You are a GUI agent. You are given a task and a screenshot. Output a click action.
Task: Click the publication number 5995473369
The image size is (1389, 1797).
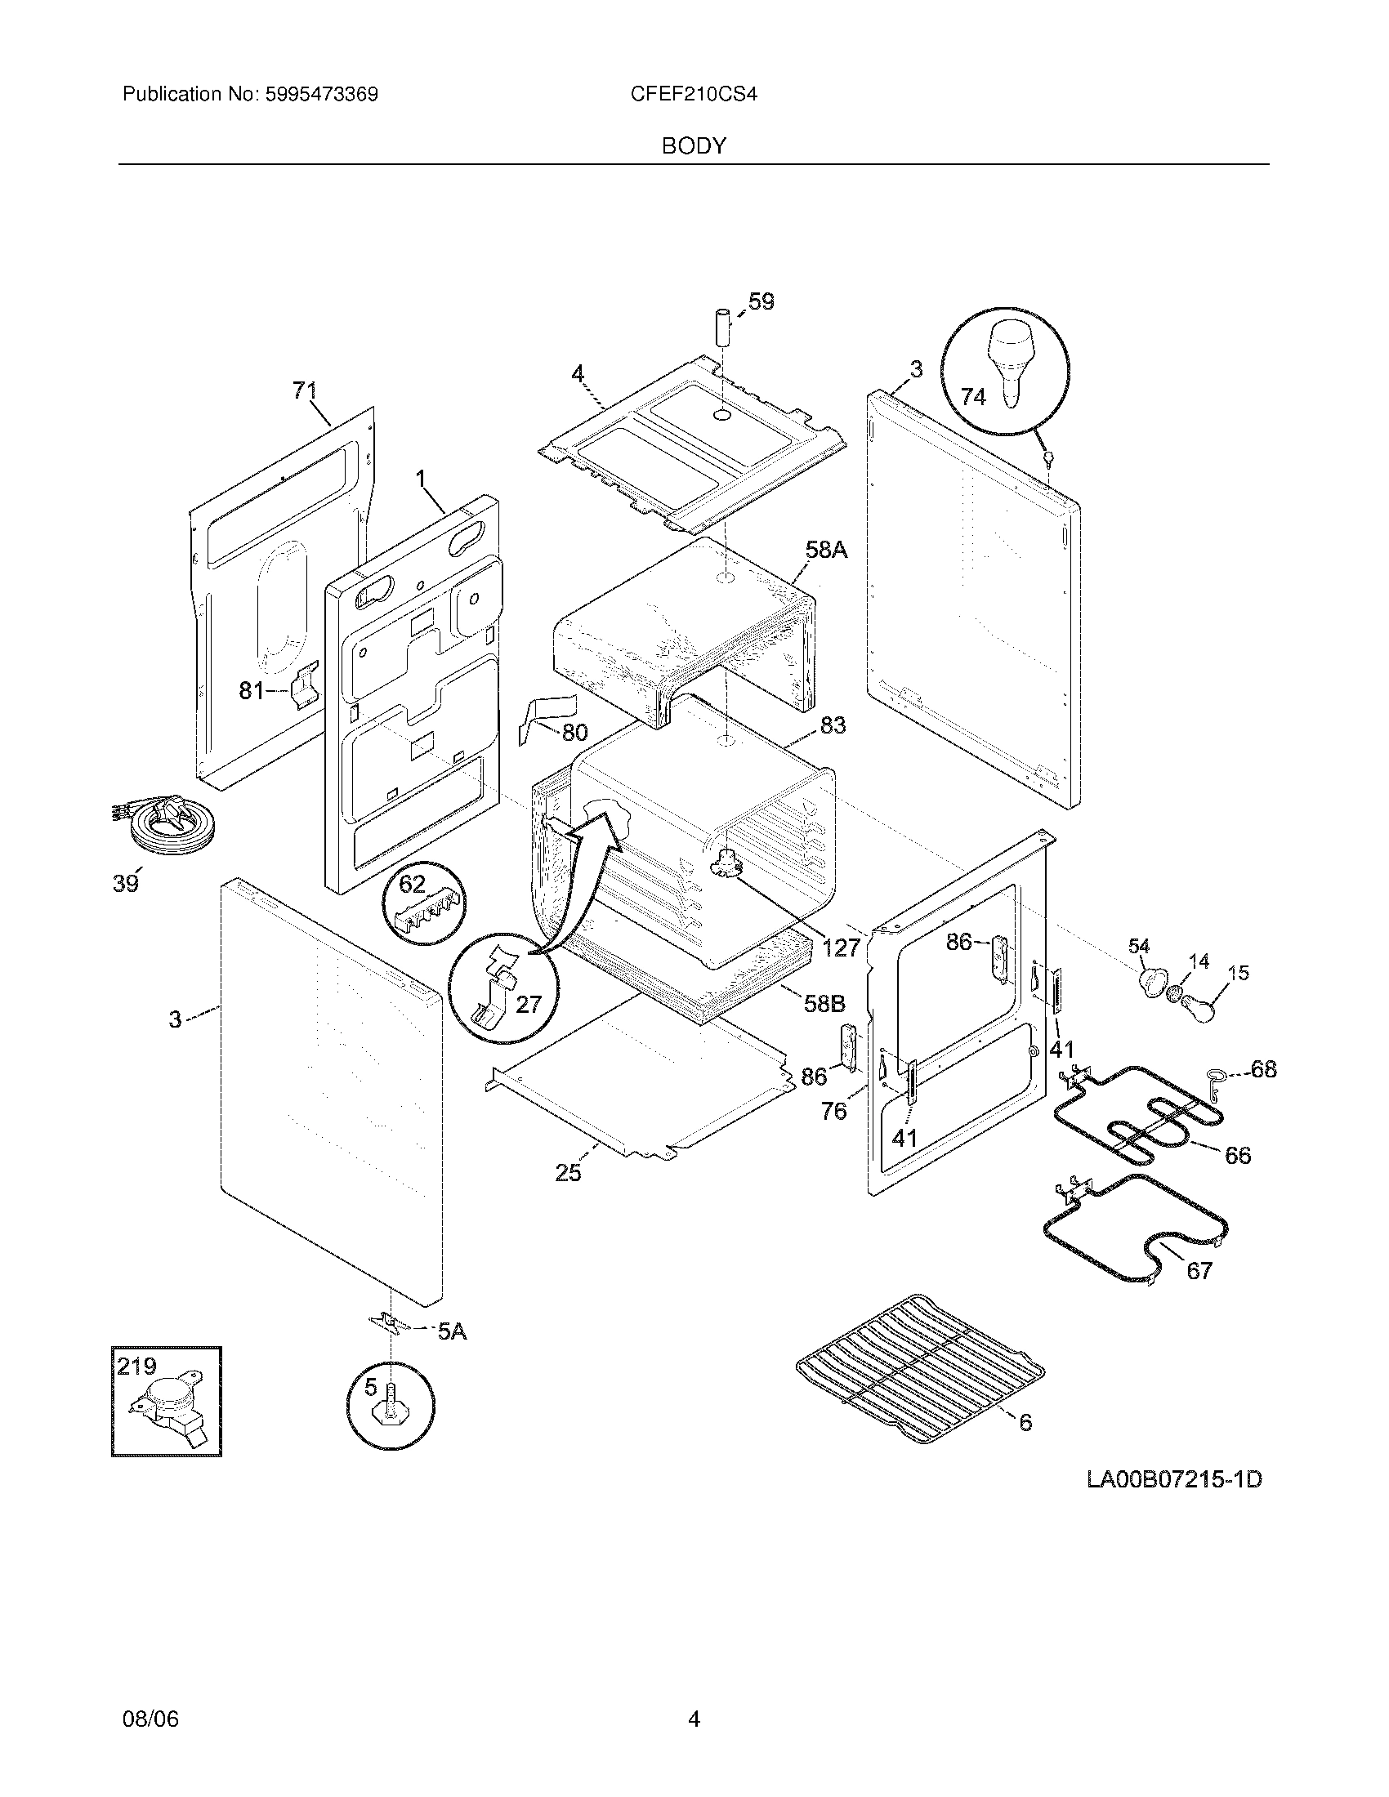[x=320, y=95]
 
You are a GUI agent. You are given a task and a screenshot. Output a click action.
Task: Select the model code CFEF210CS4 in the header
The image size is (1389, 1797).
[x=693, y=95]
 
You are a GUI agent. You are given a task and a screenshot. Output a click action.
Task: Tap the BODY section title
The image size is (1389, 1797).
[x=694, y=146]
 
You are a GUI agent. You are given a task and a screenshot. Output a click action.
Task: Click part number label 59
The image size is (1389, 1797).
[x=761, y=302]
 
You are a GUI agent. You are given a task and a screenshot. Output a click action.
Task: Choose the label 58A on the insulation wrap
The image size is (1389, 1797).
[x=826, y=550]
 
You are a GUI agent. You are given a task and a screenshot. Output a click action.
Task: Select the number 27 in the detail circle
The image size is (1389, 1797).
[x=529, y=1004]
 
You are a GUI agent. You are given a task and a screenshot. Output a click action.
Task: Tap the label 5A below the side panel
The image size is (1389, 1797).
[x=451, y=1331]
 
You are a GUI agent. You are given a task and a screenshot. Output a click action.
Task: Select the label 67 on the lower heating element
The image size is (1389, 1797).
[x=1199, y=1271]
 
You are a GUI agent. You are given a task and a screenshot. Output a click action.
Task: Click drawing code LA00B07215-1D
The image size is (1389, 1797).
[x=1174, y=1480]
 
